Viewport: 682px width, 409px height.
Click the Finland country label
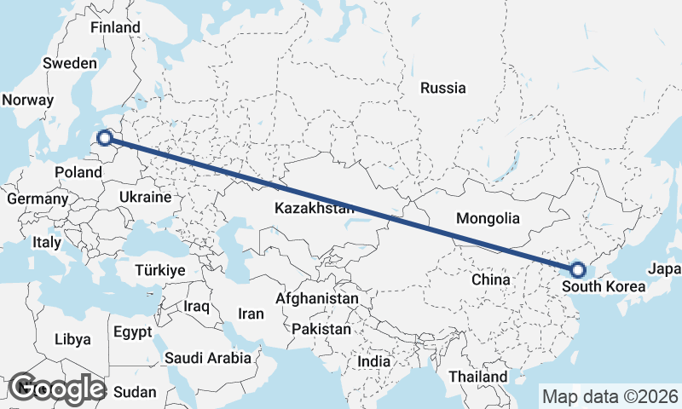115,27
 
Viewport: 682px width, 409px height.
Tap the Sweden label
70,63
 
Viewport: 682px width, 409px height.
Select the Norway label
27,100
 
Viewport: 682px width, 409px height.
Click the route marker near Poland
104,137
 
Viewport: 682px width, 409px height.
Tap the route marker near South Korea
578,270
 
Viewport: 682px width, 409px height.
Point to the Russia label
443,88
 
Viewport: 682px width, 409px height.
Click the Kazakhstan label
314,208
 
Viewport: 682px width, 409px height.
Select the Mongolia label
488,218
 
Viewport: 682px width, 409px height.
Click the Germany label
37,199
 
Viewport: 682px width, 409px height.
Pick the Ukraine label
145,197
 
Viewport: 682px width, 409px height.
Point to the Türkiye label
160,270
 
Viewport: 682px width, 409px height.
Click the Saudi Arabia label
208,358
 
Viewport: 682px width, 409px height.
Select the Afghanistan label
316,299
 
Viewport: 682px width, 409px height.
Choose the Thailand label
478,376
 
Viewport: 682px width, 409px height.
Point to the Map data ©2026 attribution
610,396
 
